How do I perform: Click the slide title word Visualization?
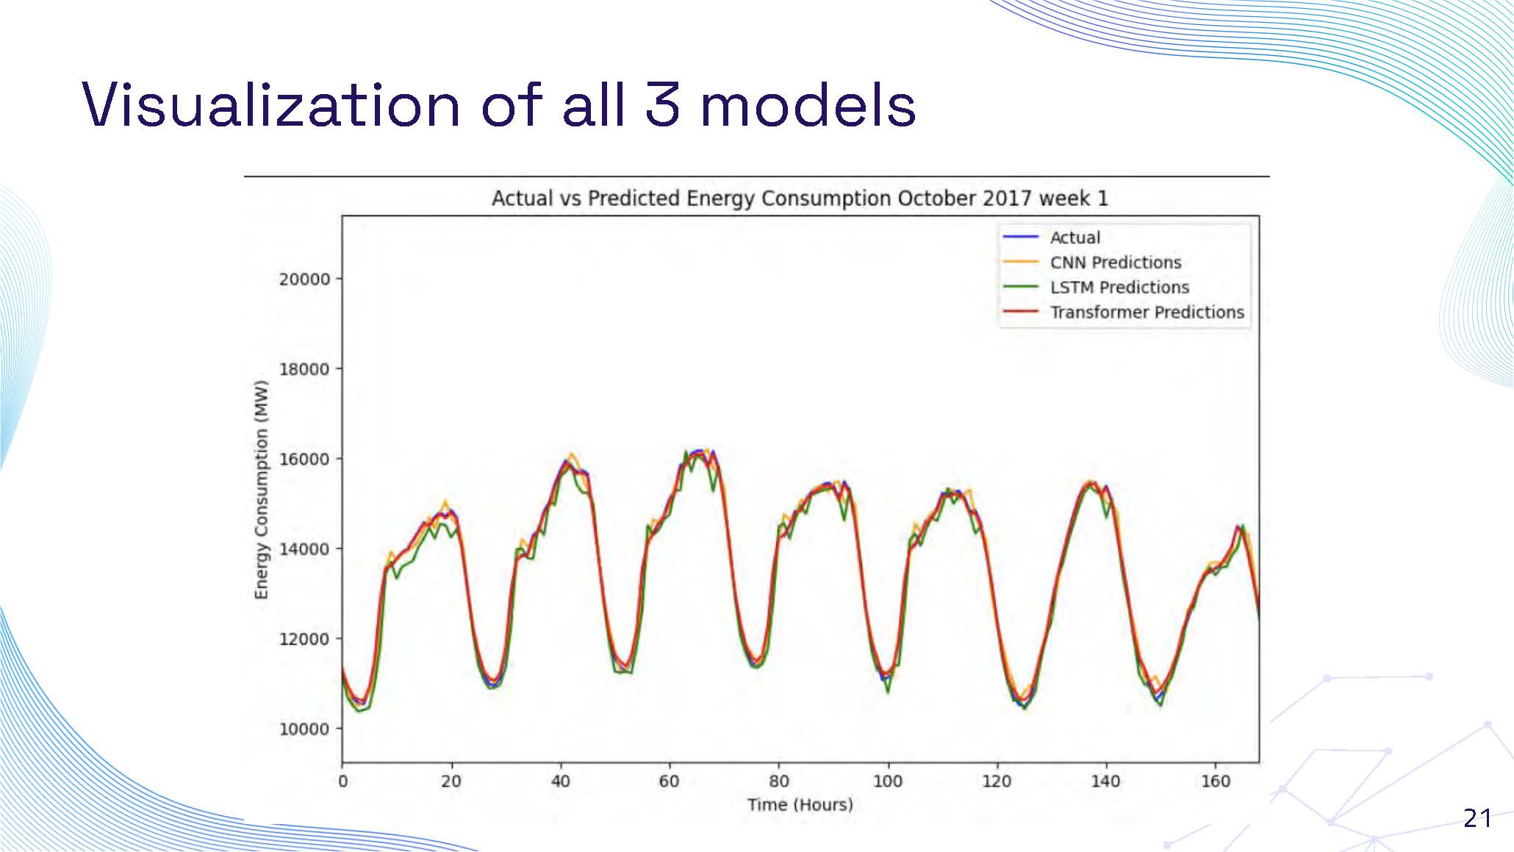click(270, 105)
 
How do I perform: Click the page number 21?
click(1477, 818)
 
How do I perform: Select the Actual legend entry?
click(1074, 237)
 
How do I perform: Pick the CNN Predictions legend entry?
click(1115, 262)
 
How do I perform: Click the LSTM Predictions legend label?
click(1119, 287)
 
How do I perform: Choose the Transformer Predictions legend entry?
click(1147, 312)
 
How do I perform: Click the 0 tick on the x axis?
click(342, 781)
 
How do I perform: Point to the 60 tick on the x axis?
click(669, 781)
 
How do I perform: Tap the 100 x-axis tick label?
click(887, 781)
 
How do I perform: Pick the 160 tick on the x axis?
click(1215, 781)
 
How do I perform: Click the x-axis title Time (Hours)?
click(800, 805)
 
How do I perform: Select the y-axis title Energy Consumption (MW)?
click(262, 490)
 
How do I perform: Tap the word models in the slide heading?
click(808, 105)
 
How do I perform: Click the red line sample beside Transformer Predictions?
click(1021, 312)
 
